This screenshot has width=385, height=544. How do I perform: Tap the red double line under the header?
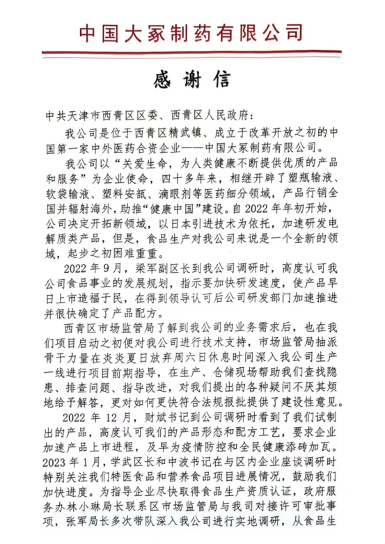pos(192,53)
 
